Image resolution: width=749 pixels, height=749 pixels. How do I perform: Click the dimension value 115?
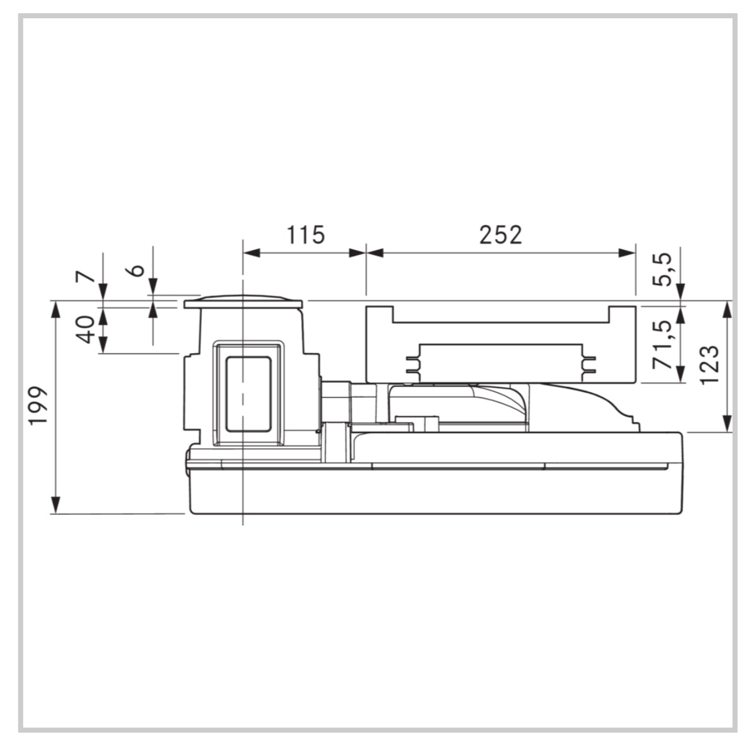coord(305,235)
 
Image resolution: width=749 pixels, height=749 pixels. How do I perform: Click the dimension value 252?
coord(500,235)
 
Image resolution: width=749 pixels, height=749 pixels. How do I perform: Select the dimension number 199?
coord(38,405)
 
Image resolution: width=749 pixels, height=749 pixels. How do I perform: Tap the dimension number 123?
coord(708,364)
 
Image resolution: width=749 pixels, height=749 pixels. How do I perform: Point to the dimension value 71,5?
coord(662,344)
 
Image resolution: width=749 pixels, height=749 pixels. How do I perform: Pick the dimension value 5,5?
coord(662,270)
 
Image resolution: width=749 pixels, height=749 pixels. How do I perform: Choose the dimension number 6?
coord(136,270)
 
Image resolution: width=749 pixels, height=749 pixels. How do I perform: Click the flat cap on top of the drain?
coord(243,302)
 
